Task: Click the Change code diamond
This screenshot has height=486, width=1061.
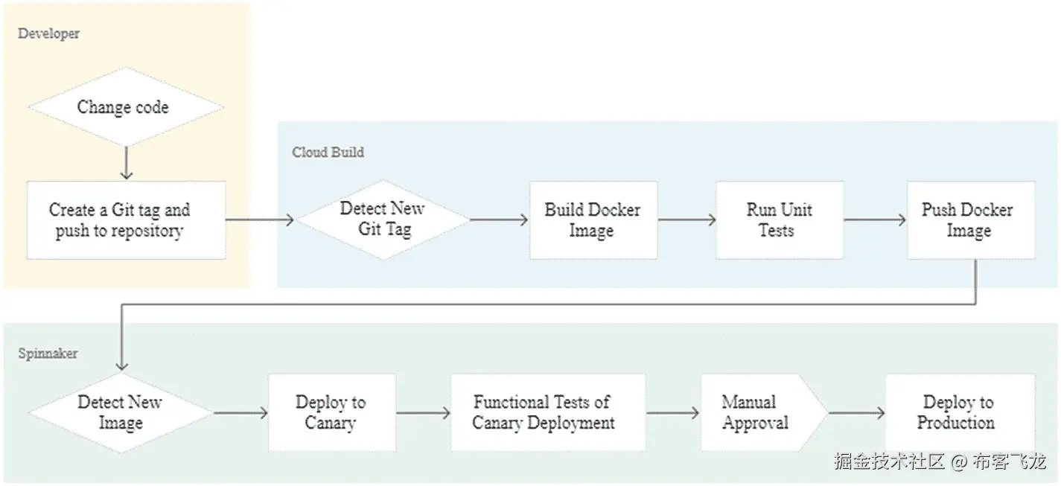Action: pyautogui.click(x=124, y=107)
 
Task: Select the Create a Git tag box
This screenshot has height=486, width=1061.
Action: pyautogui.click(x=126, y=220)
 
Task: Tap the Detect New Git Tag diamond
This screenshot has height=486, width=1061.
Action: pyautogui.click(x=383, y=220)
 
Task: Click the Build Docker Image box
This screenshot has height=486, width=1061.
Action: pyautogui.click(x=593, y=220)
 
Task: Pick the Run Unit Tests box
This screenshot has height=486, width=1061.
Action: pyautogui.click(x=779, y=220)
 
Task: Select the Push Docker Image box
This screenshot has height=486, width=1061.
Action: pyautogui.click(x=969, y=220)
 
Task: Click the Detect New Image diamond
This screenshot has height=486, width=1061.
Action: pyautogui.click(x=121, y=413)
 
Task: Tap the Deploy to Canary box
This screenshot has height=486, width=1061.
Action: pyautogui.click(x=331, y=413)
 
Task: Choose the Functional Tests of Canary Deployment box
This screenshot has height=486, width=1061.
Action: pyautogui.click(x=547, y=413)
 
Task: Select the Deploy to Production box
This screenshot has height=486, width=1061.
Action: pyautogui.click(x=959, y=413)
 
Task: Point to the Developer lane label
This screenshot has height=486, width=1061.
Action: pyautogui.click(x=48, y=33)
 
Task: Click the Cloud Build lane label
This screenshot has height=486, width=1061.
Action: pyautogui.click(x=328, y=153)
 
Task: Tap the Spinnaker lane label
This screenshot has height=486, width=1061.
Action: pyautogui.click(x=48, y=354)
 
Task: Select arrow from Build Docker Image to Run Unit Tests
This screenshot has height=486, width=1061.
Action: pyautogui.click(x=686, y=220)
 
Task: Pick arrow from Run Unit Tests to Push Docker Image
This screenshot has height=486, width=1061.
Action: pyautogui.click(x=875, y=220)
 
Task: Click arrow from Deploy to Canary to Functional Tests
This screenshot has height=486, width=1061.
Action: pyautogui.click(x=423, y=413)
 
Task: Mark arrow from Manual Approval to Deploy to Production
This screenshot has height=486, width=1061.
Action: pyautogui.click(x=856, y=413)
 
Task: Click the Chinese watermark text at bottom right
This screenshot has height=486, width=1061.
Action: pyautogui.click(x=940, y=462)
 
